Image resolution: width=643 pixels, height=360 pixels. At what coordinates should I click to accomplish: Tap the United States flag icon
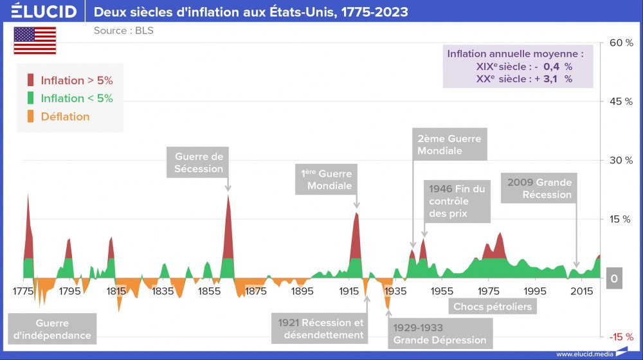click(35, 40)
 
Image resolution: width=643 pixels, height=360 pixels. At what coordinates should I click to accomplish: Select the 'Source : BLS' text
click(123, 30)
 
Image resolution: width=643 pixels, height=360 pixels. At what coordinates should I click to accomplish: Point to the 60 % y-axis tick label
click(621, 42)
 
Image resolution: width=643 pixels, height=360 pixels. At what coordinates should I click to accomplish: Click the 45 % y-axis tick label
click(621, 102)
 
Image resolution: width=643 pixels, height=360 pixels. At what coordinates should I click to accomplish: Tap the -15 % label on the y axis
click(621, 337)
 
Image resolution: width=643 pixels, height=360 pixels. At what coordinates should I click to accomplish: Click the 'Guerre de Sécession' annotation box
click(199, 163)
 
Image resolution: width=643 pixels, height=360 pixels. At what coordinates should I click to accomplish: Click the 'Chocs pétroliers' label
click(493, 307)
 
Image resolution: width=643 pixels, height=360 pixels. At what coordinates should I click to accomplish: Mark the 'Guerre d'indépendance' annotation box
click(52, 329)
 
